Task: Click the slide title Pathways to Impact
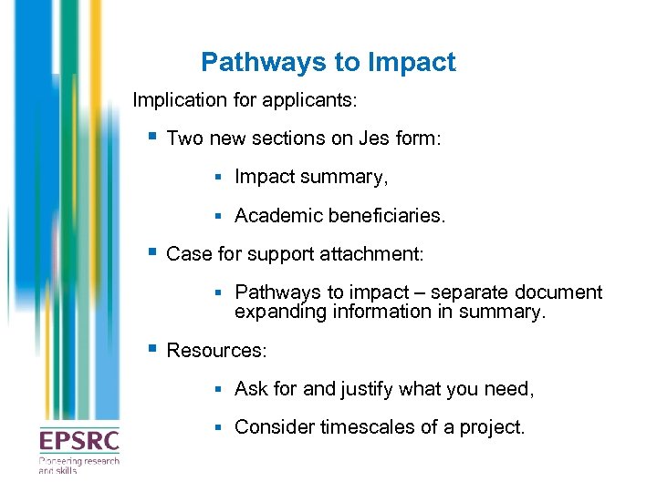(328, 62)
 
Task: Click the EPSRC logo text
(78, 441)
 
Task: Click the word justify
(368, 389)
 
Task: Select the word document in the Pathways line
(557, 292)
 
